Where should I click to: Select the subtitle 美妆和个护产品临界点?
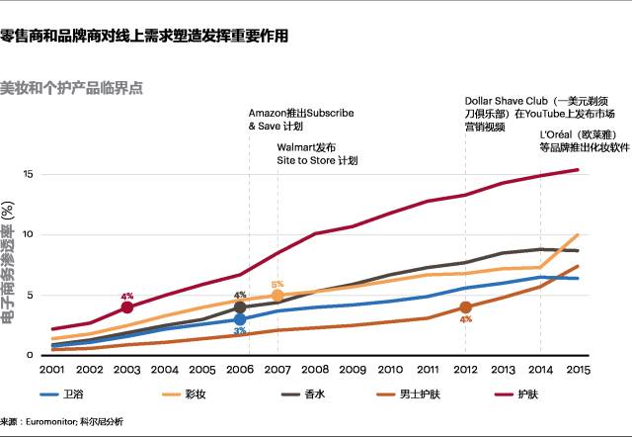pos(72,87)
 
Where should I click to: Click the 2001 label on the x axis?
pos(53,369)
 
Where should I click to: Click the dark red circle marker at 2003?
pos(126,307)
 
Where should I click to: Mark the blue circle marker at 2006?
pos(240,319)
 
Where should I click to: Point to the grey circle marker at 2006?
pos(240,307)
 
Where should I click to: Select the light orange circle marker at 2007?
pos(277,296)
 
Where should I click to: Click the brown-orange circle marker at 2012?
pos(465,307)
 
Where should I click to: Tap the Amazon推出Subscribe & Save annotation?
pos(300,120)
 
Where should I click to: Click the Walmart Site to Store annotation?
pos(316,153)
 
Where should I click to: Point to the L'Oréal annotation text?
pos(584,140)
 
